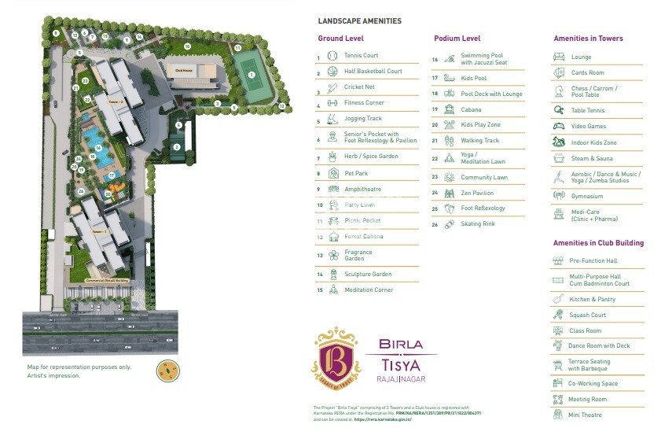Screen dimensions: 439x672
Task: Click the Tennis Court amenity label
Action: click(361, 56)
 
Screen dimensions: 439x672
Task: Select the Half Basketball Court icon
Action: click(332, 72)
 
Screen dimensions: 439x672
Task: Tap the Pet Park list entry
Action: click(356, 173)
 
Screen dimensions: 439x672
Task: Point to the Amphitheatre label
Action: click(362, 189)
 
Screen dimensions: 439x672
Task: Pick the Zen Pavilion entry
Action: click(477, 193)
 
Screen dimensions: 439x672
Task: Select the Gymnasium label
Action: click(587, 196)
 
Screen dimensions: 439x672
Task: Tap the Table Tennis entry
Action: click(587, 111)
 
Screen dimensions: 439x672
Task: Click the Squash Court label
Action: click(587, 315)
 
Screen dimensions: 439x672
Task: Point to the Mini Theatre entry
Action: click(586, 415)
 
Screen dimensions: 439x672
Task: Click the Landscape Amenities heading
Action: click(359, 21)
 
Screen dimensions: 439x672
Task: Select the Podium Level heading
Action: click(457, 38)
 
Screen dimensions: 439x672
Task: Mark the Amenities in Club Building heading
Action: click(598, 243)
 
